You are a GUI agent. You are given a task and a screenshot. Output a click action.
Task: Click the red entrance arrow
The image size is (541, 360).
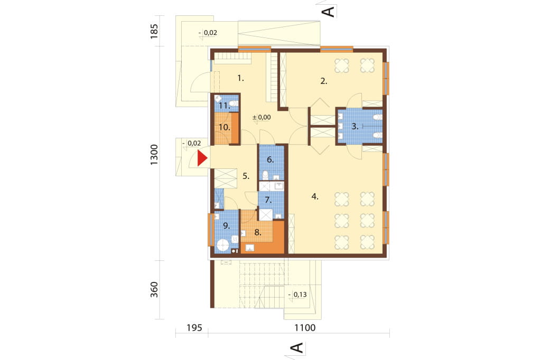coord(202,158)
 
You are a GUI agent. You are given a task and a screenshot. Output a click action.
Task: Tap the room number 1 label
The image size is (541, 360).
coord(240,78)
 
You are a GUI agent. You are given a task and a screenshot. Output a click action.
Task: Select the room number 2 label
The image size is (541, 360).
coord(324,81)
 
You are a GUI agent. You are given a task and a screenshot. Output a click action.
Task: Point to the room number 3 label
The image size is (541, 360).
coord(355,126)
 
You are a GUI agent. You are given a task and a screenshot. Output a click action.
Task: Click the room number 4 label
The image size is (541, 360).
coord(315,196)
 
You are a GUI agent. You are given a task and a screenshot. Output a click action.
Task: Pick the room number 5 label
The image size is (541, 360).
coord(246,176)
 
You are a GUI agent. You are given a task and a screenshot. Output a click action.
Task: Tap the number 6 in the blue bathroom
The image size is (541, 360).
coord(270,159)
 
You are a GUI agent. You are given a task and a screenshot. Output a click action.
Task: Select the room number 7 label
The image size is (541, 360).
coord(268,200)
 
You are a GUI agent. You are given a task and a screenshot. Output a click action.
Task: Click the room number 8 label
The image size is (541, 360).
coord(258,232)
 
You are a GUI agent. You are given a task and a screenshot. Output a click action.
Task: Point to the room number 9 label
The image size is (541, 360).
coord(226,226)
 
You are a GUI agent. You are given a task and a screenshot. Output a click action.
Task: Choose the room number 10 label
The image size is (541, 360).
coord(224,127)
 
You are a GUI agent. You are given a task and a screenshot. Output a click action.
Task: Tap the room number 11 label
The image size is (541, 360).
coord(224,106)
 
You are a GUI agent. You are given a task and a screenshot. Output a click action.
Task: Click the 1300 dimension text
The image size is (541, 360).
coord(154,154)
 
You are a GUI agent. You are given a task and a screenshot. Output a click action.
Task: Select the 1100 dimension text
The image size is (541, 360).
coord(305,328)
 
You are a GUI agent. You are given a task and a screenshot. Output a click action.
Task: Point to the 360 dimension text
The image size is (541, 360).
coord(154,290)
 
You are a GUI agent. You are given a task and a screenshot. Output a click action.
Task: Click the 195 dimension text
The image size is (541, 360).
coord(194,328)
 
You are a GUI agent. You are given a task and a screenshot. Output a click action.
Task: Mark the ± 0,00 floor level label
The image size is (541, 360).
coord(262,117)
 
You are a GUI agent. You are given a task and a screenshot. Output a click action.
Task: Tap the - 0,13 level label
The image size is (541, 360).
coord(297,295)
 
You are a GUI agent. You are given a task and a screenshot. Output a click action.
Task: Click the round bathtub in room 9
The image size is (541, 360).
coord(222,246)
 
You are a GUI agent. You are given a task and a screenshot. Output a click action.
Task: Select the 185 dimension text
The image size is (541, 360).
coord(154,31)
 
